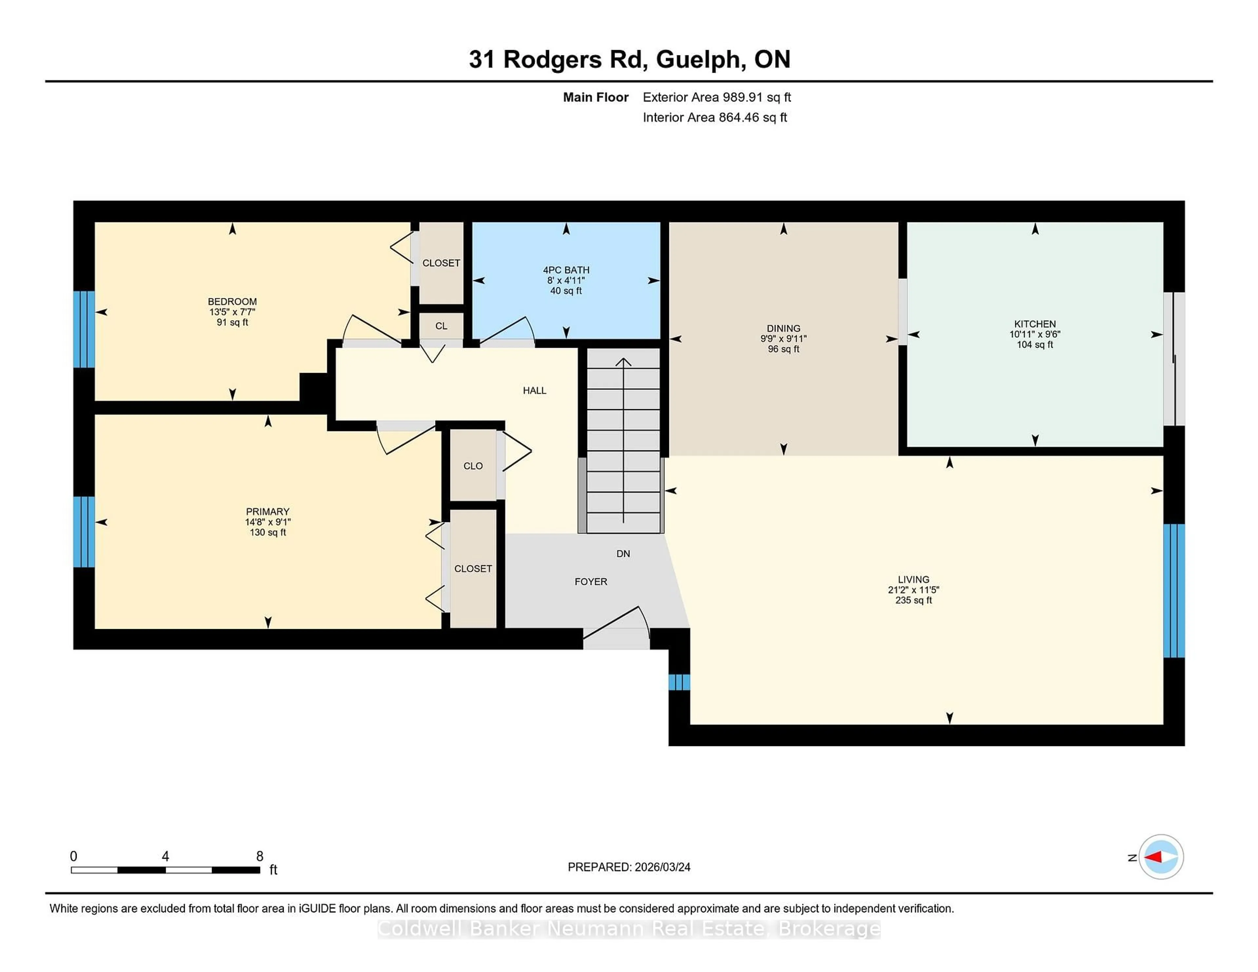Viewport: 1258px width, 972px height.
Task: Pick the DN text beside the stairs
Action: (623, 553)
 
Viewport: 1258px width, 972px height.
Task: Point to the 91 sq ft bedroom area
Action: (232, 323)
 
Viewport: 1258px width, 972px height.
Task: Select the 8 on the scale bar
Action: (260, 856)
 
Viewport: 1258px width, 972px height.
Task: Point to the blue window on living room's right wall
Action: (1173, 590)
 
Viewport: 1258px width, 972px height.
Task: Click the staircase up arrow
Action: (623, 363)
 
